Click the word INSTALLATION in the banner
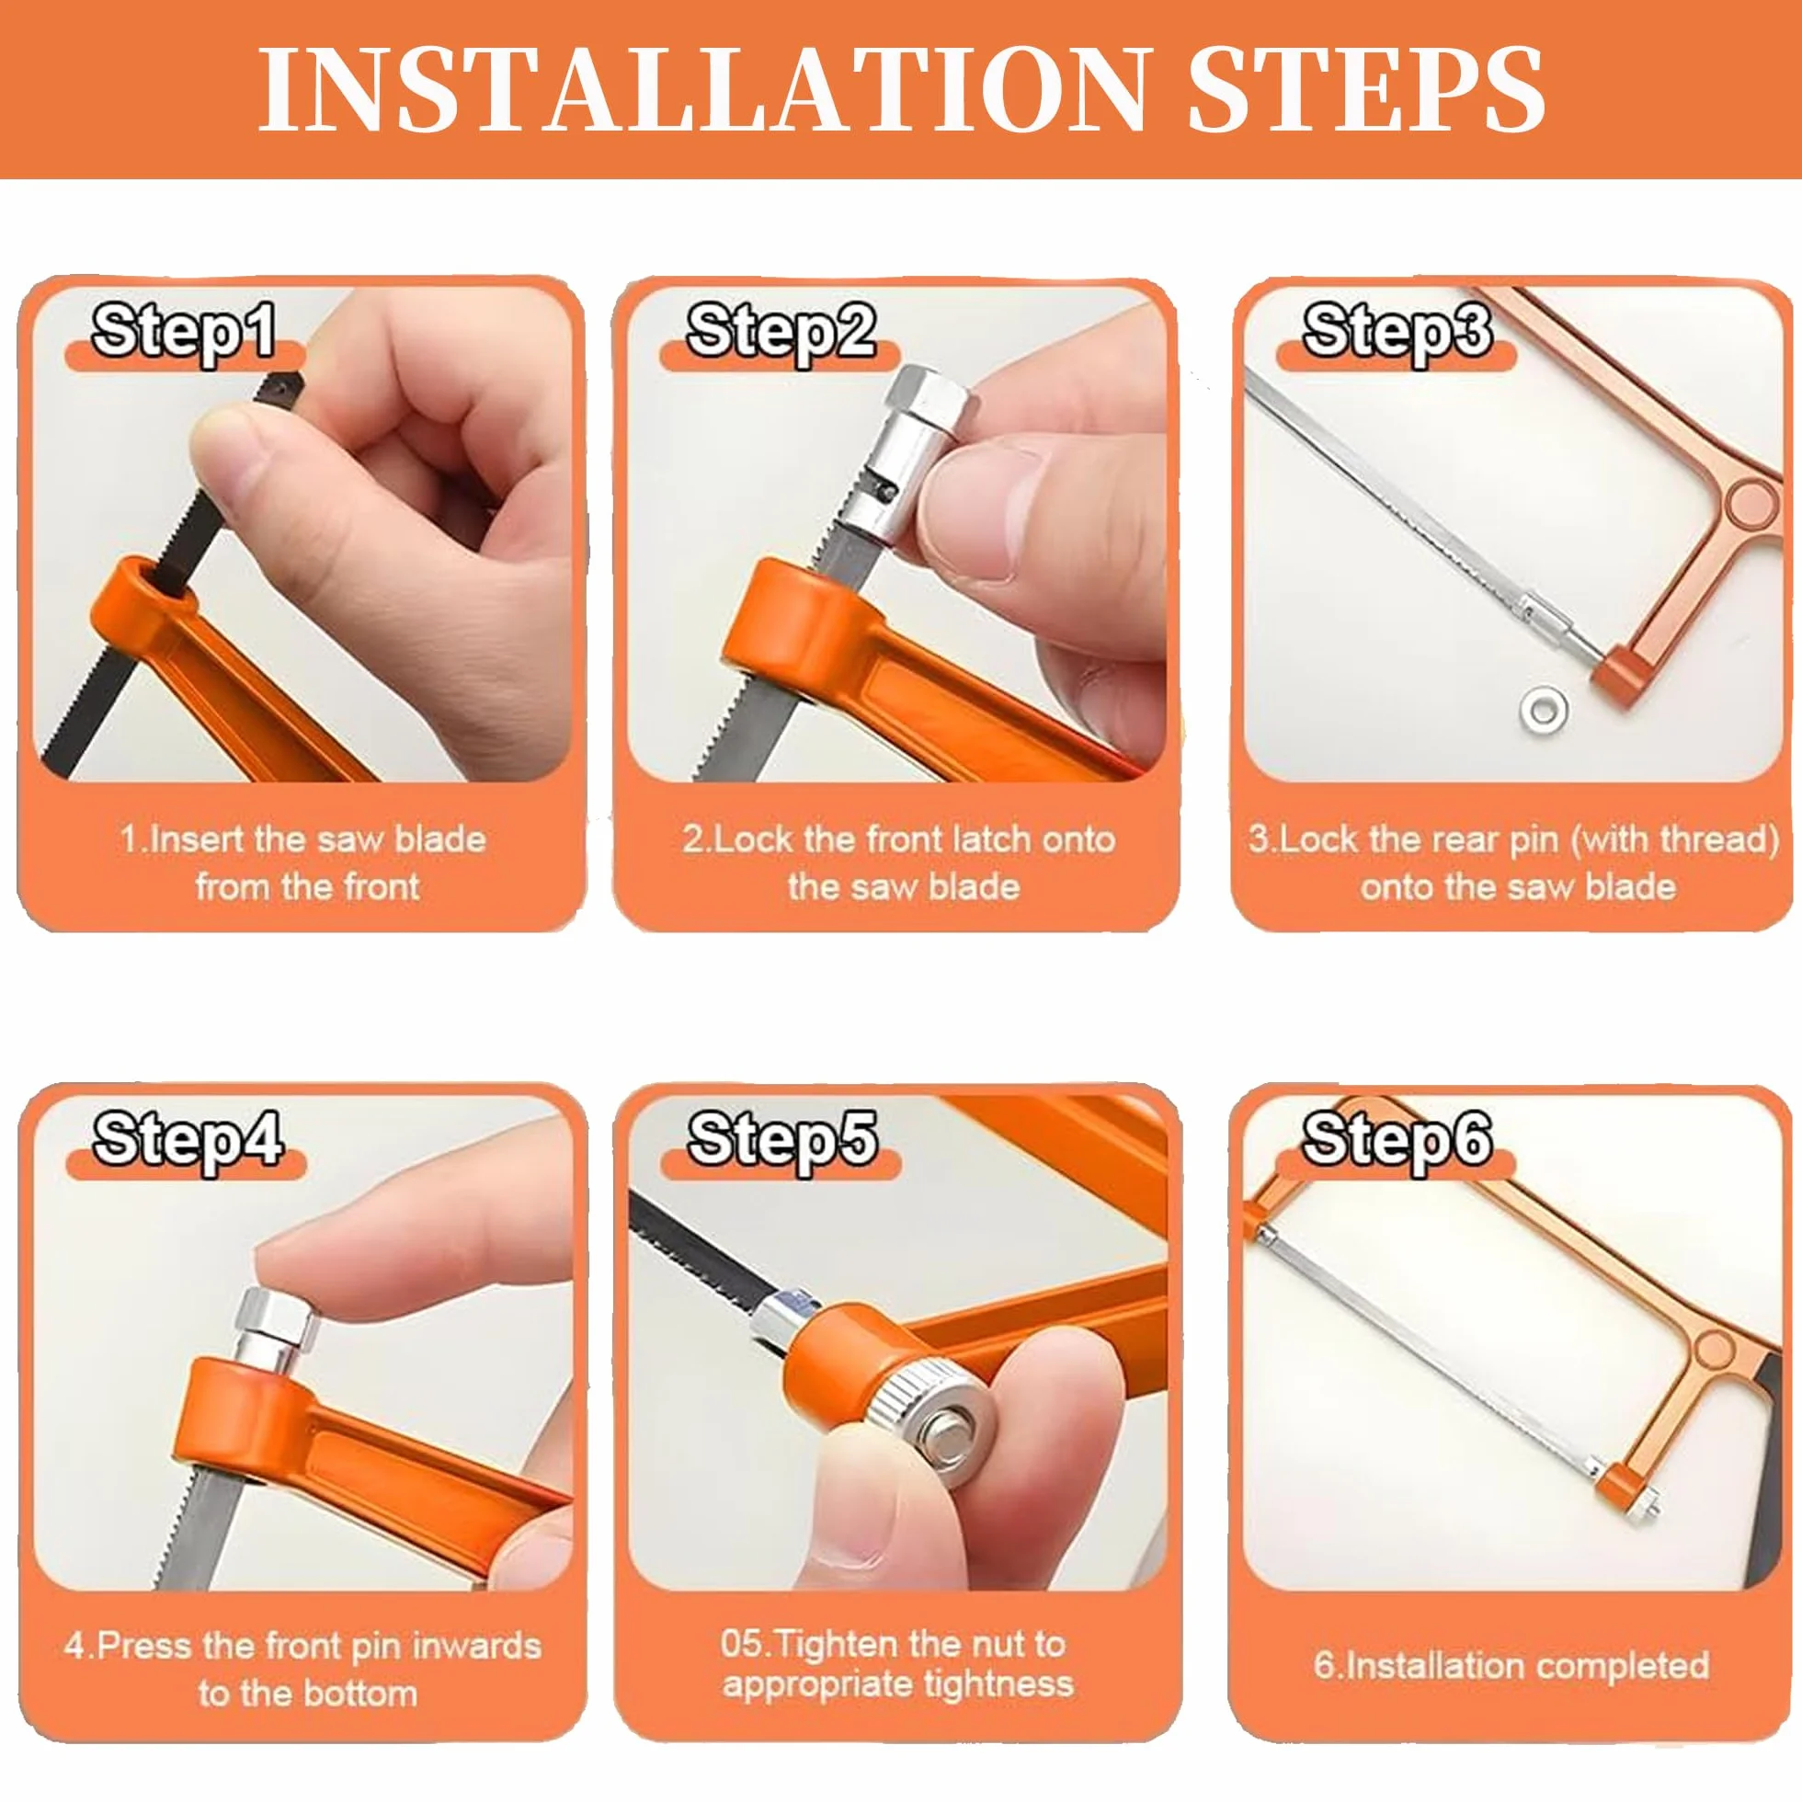(701, 88)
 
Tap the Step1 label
(185, 331)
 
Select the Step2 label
(781, 331)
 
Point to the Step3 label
(1397, 331)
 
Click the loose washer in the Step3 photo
(1543, 708)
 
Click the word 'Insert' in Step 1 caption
(197, 838)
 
